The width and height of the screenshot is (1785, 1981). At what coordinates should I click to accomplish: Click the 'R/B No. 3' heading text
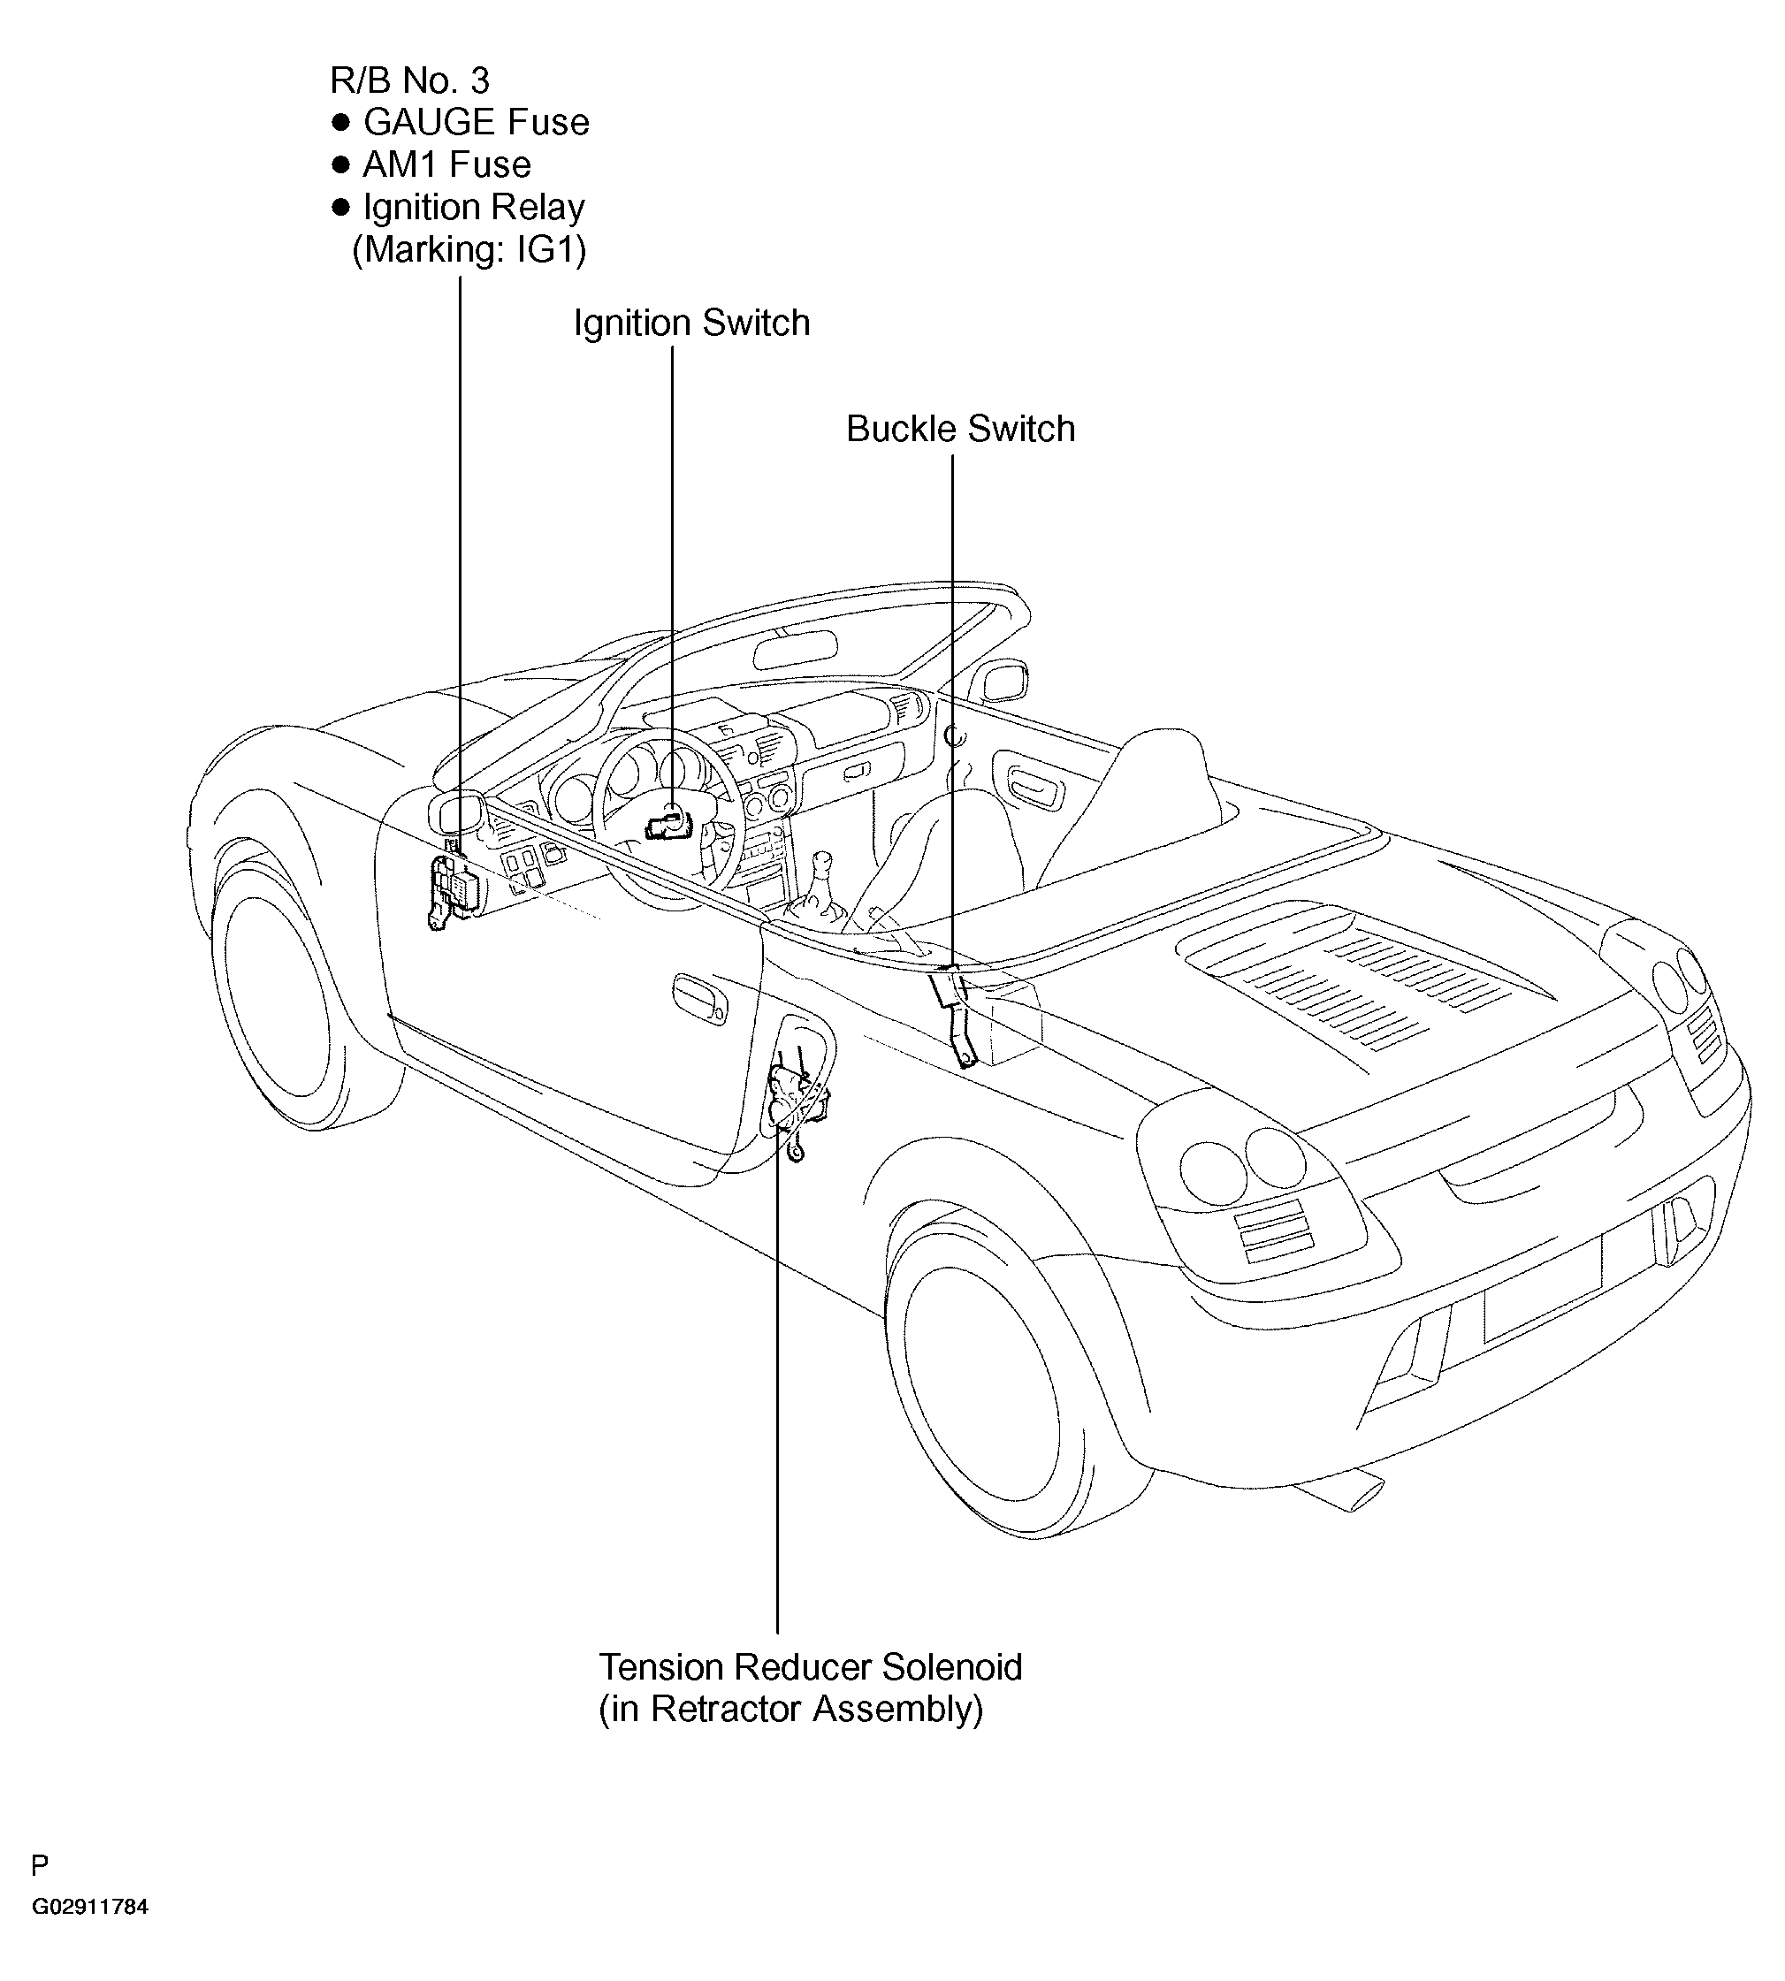pos(410,80)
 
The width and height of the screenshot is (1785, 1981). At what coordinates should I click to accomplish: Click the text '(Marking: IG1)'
pos(469,251)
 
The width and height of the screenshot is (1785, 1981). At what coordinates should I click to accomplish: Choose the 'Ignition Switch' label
pos(691,324)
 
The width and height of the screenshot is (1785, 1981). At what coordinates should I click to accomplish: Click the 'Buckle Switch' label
pos(960,430)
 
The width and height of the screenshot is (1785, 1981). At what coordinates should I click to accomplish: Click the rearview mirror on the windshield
pos(795,647)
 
